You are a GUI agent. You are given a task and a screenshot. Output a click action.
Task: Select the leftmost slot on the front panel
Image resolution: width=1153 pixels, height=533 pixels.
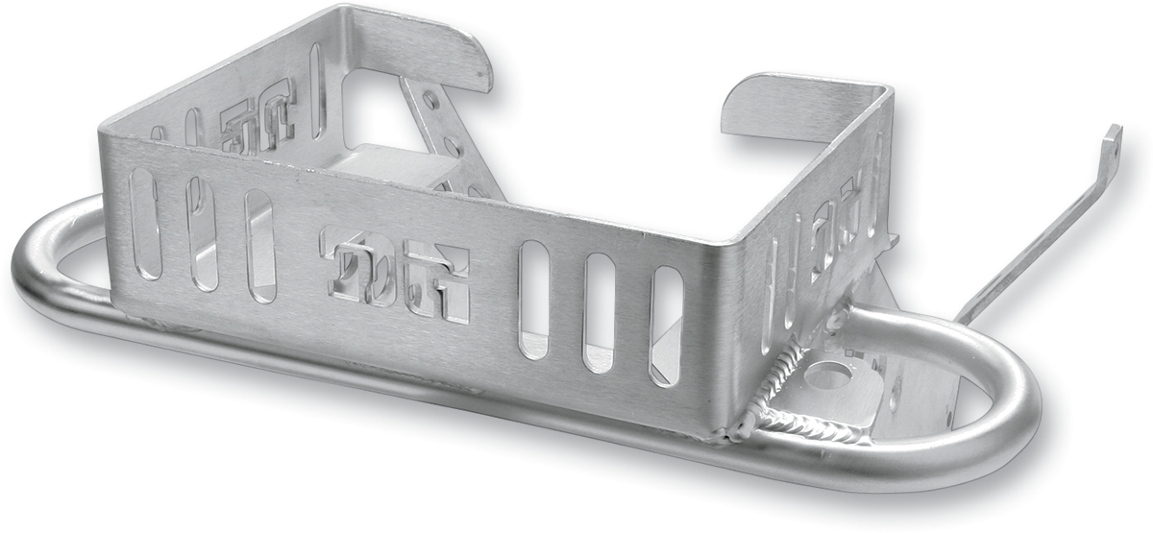pyautogui.click(x=145, y=223)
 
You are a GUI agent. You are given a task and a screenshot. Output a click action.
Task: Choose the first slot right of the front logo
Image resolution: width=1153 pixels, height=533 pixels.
pyautogui.click(x=533, y=301)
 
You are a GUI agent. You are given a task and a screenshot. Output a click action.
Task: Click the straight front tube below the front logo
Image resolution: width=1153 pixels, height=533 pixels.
pyautogui.click(x=404, y=379)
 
